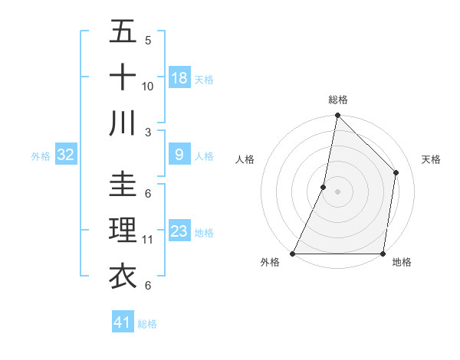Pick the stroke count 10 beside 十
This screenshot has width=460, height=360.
click(148, 86)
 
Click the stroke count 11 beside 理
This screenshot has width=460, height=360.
click(148, 240)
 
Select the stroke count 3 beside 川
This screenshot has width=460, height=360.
click(148, 132)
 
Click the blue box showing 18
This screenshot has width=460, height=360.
click(179, 78)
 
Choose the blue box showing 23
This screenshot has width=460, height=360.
click(179, 231)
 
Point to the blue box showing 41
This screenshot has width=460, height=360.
click(123, 322)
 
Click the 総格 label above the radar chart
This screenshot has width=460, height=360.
click(337, 100)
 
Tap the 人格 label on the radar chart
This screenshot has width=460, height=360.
click(245, 159)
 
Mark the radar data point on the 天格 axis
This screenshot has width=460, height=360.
click(396, 172)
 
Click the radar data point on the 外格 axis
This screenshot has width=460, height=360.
click(293, 254)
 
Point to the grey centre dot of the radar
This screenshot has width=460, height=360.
click(337, 191)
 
